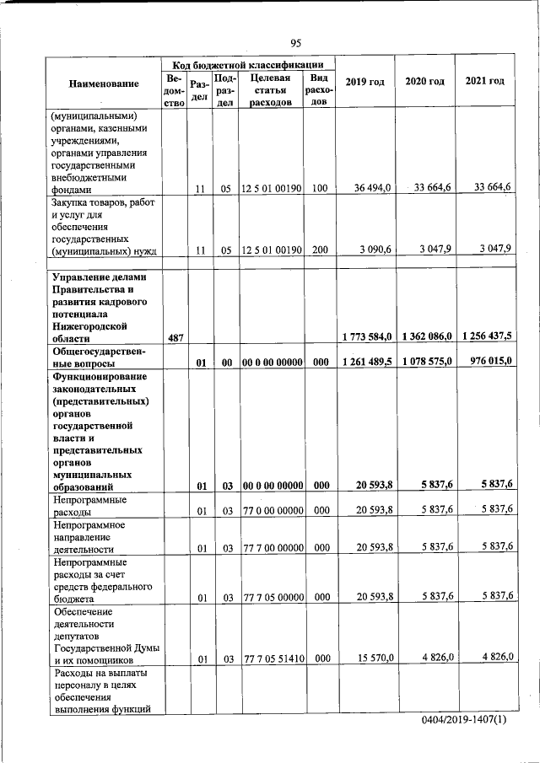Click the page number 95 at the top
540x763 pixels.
(295, 43)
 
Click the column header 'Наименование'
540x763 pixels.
(104, 83)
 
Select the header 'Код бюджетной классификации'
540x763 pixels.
(248, 64)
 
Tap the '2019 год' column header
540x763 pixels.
(365, 82)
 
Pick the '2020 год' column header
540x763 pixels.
(424, 81)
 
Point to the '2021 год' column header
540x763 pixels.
(484, 81)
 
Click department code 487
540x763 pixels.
(175, 337)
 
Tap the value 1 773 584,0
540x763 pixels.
(367, 337)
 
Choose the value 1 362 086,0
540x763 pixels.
(427, 337)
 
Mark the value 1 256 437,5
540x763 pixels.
(487, 336)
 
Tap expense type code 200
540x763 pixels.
(319, 250)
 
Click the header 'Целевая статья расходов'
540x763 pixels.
(270, 90)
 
